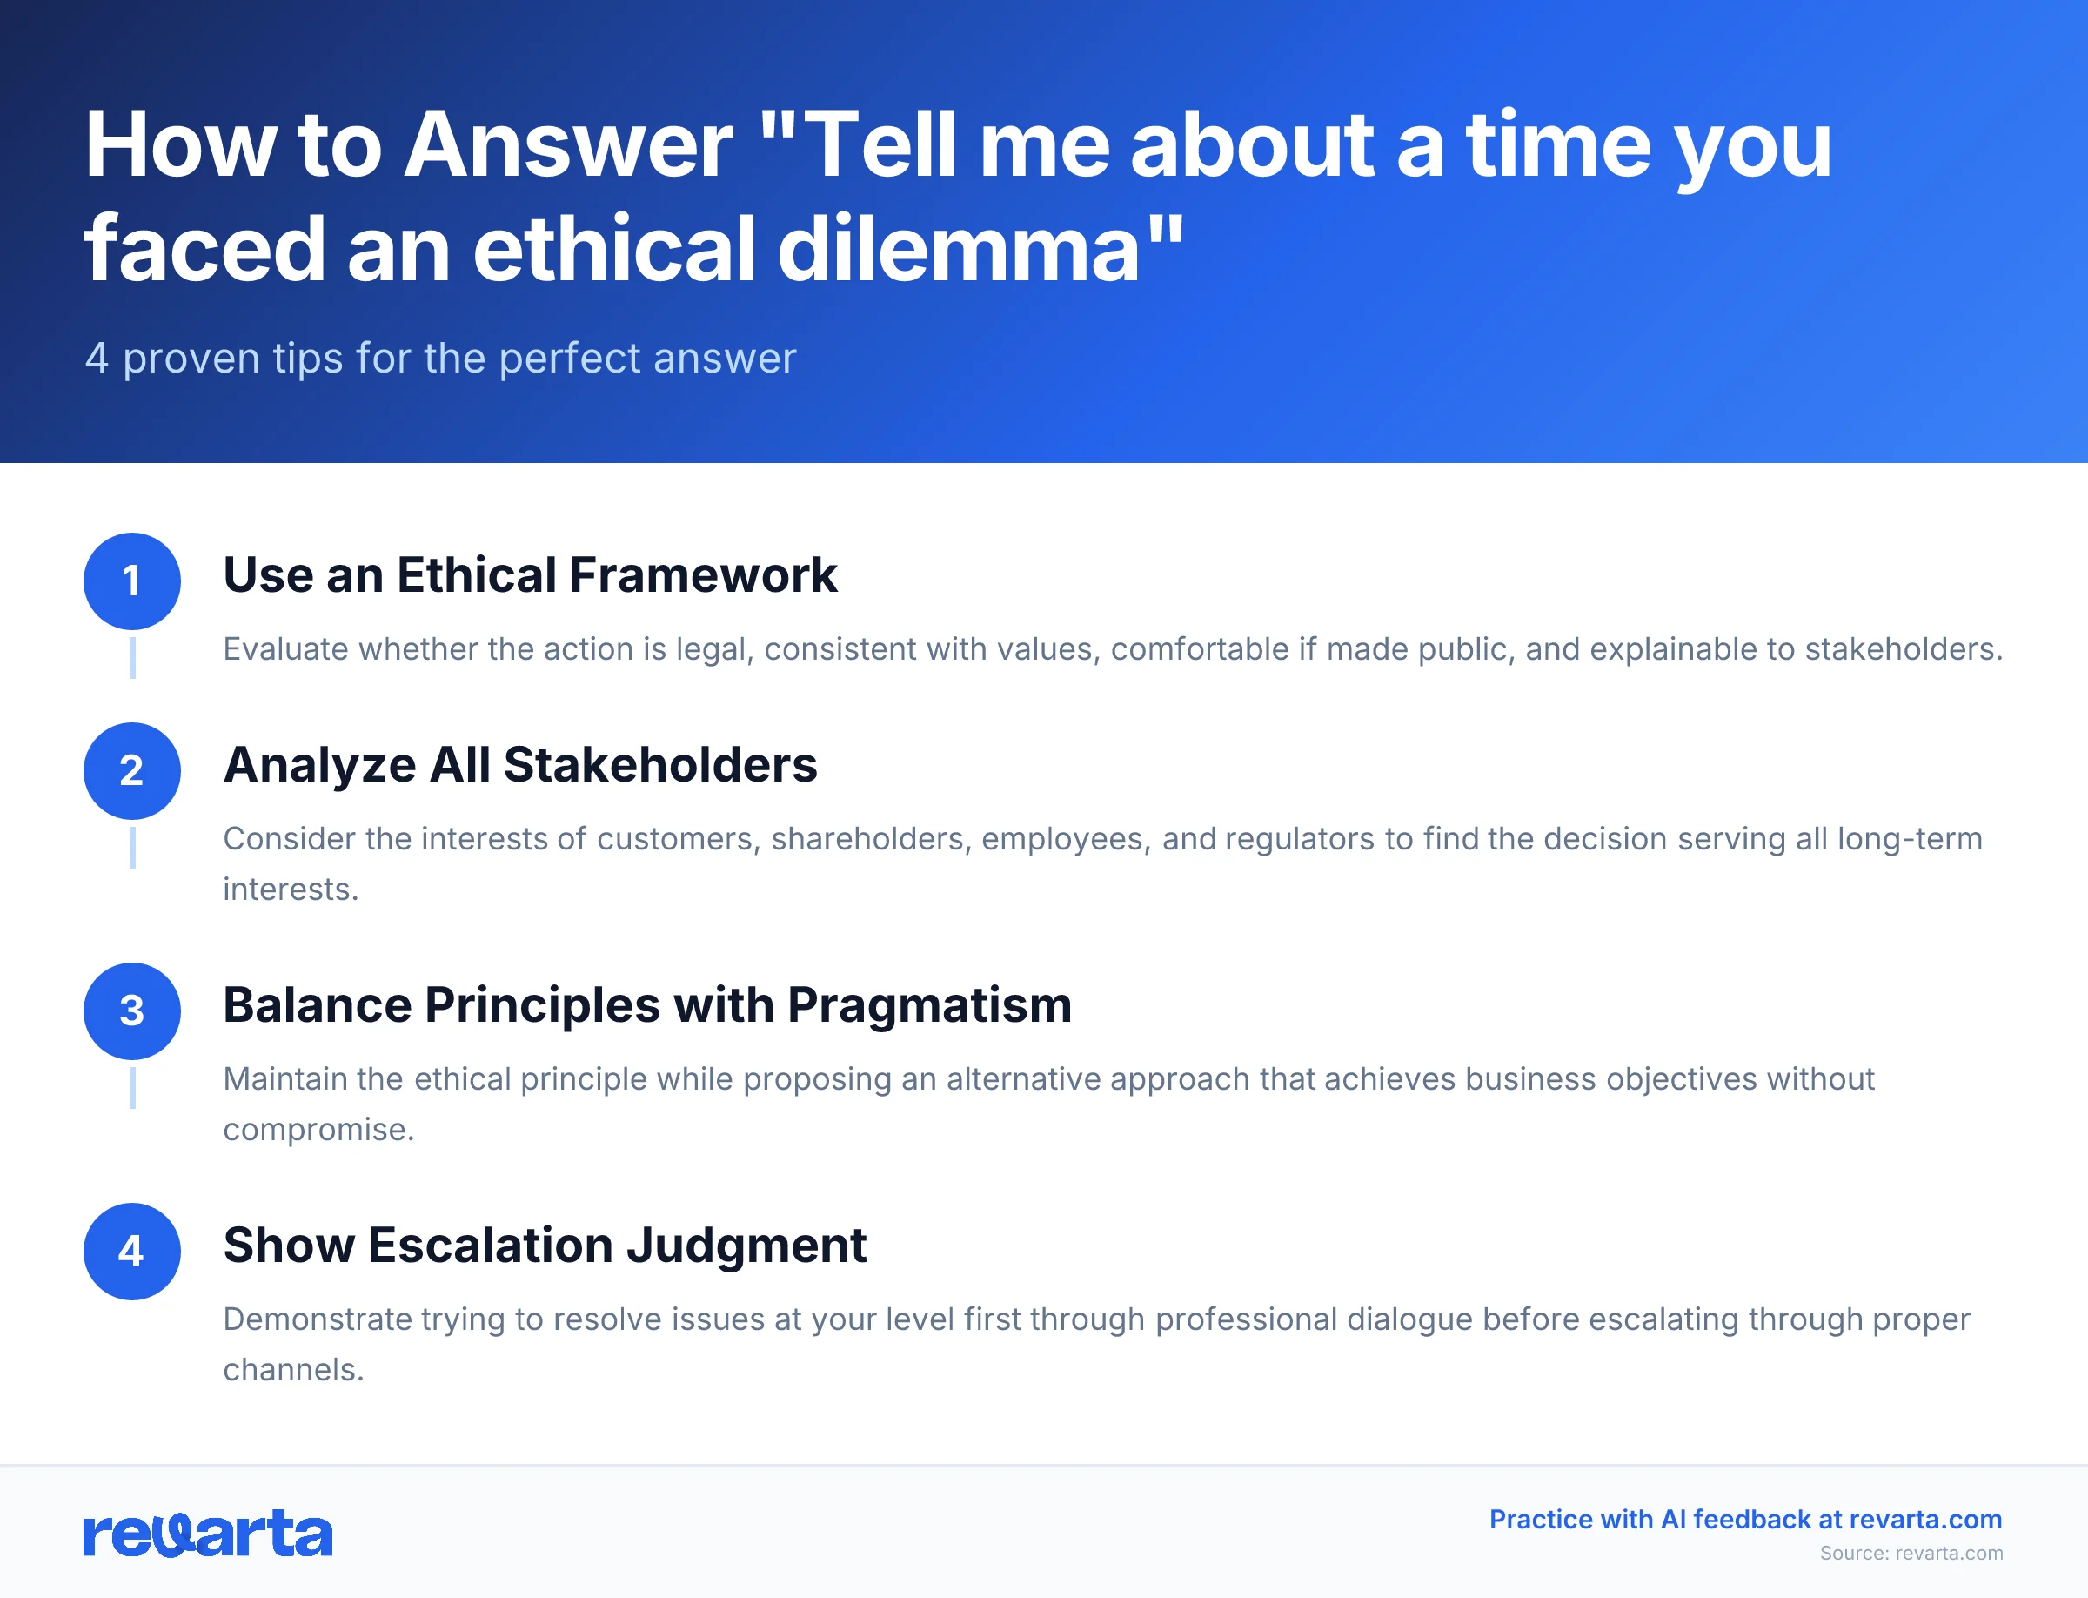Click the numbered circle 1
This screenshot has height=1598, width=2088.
click(x=132, y=581)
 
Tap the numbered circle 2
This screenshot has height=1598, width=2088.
click(x=132, y=770)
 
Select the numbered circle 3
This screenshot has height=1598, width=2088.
click(x=132, y=1011)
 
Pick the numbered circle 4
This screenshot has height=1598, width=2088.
click(x=132, y=1251)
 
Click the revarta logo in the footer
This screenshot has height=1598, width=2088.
click(x=208, y=1534)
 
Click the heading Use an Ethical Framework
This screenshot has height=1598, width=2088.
click(x=530, y=575)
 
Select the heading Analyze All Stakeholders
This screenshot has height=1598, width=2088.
click(x=520, y=765)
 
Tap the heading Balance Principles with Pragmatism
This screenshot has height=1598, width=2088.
click(x=646, y=1005)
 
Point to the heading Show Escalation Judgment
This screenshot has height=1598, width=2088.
click(x=545, y=1245)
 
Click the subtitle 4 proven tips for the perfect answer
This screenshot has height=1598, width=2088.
click(x=440, y=359)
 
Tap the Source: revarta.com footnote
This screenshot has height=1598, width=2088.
click(x=1911, y=1554)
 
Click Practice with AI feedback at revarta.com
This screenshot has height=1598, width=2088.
click(x=1744, y=1519)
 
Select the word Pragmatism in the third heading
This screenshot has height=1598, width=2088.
click(x=929, y=1005)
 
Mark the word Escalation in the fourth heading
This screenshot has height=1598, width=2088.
click(x=491, y=1245)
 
